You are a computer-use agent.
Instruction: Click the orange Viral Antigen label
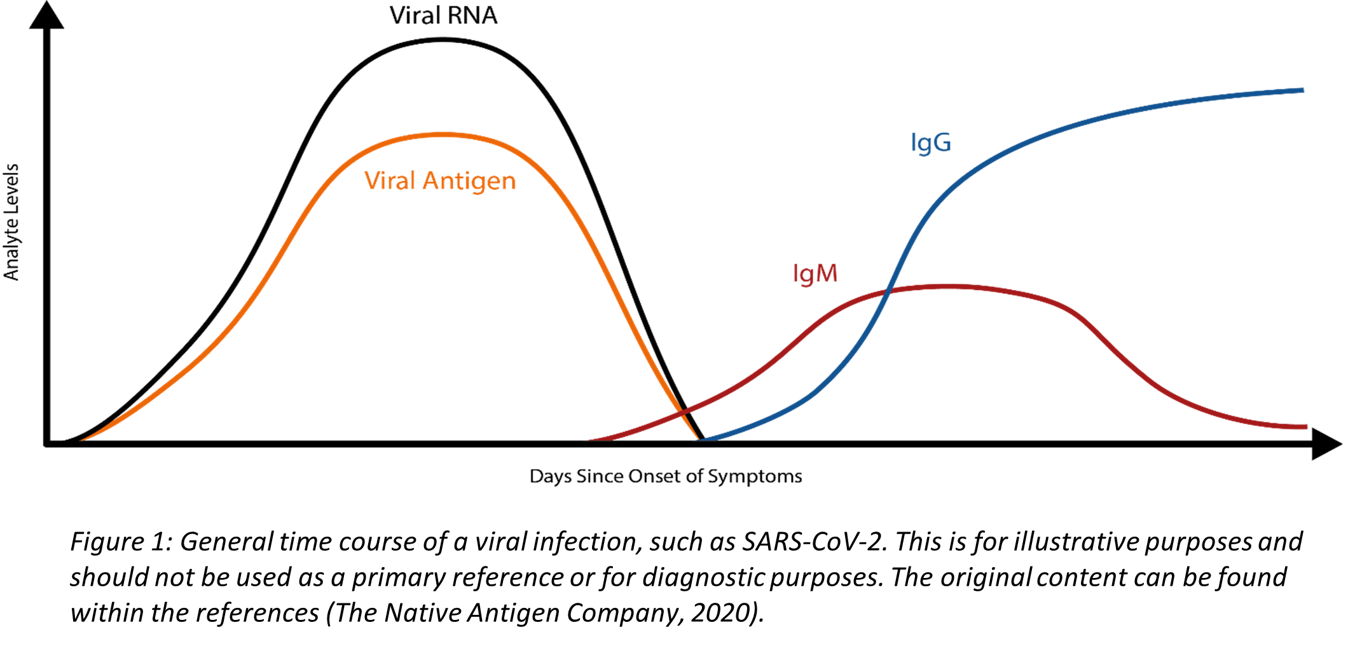pos(440,181)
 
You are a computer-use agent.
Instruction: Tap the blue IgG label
pos(930,142)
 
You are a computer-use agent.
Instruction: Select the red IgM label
pos(815,273)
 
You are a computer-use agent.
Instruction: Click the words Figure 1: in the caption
pos(121,542)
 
